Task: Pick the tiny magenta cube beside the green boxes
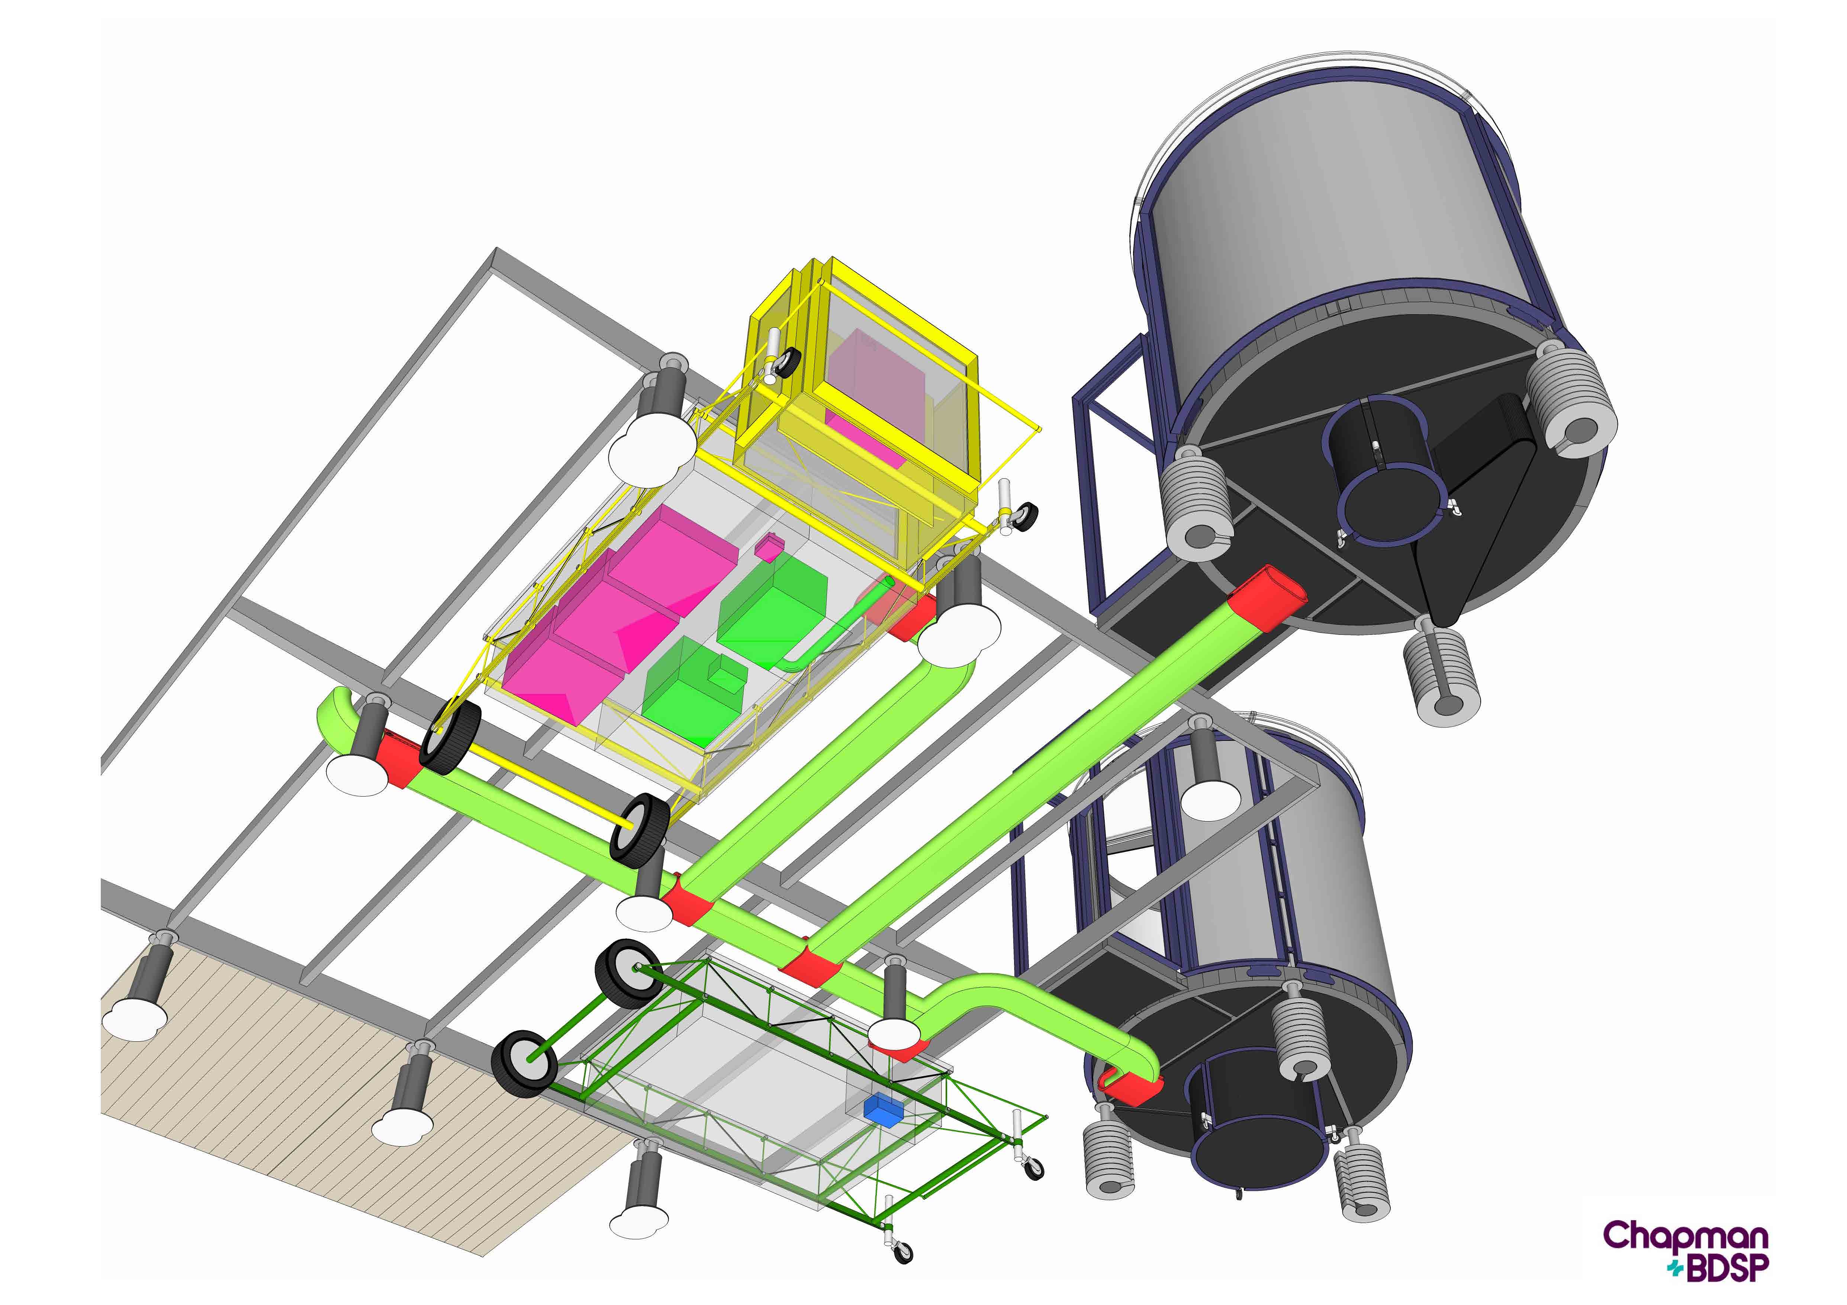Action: pyautogui.click(x=768, y=547)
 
